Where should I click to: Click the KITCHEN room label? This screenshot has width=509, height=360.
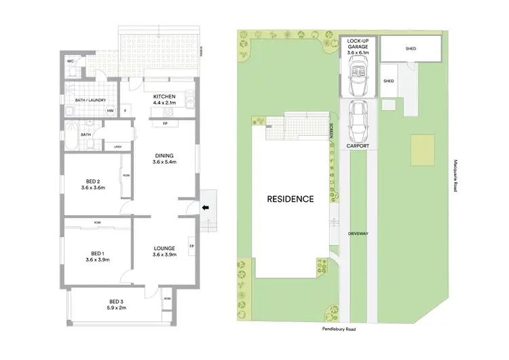(x=165, y=97)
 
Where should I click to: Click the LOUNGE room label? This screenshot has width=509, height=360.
(x=165, y=251)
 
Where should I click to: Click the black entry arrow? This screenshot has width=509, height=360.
(x=205, y=208)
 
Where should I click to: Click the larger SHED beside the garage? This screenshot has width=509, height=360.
(x=410, y=48)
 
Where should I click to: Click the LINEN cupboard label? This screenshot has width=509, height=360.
(x=117, y=146)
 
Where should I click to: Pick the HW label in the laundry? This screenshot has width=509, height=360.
(x=110, y=111)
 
